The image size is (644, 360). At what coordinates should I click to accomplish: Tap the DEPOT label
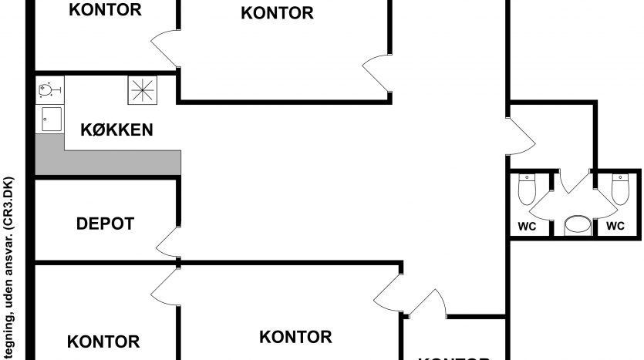click(x=106, y=224)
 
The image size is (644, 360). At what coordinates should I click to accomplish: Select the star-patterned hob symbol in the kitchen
click(x=142, y=92)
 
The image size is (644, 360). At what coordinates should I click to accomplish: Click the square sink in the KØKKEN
click(x=52, y=119)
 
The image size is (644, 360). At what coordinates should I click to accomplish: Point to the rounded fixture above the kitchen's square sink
click(x=46, y=91)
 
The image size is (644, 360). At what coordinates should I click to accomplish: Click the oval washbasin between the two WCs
click(x=577, y=225)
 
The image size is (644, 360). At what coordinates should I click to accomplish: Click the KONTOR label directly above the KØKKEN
click(x=105, y=10)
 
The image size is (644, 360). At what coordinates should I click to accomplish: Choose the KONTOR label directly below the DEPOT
click(x=103, y=341)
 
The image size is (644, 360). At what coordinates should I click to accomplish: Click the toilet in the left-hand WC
click(x=527, y=189)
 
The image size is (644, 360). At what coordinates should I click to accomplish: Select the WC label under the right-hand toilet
click(x=615, y=227)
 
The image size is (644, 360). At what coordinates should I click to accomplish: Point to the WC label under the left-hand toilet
click(x=527, y=227)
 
